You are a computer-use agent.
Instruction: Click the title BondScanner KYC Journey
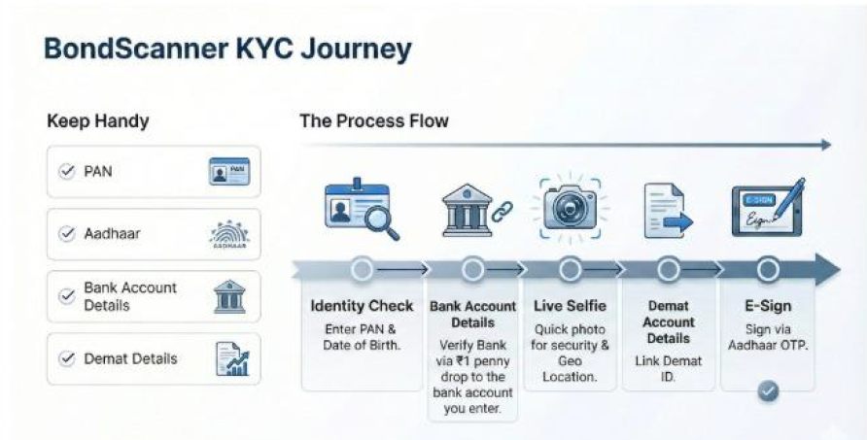(228, 49)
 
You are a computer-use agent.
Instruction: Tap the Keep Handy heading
(97, 122)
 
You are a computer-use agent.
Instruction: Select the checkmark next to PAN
(67, 171)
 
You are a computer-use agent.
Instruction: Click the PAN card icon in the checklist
(228, 172)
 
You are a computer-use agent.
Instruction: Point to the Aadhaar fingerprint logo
(228, 234)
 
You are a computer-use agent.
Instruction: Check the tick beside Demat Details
(67, 358)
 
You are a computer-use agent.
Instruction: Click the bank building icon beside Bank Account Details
(228, 296)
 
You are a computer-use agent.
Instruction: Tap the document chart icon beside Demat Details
(230, 358)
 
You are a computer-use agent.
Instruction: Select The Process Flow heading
(374, 121)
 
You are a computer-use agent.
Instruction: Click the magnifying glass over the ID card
(379, 221)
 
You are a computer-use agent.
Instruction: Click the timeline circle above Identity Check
(363, 269)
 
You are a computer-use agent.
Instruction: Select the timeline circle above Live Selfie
(571, 269)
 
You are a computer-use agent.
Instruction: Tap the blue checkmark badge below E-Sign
(768, 390)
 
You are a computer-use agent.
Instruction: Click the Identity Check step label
(363, 307)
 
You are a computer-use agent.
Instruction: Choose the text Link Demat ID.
(669, 368)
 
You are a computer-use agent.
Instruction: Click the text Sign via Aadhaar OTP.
(768, 337)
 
